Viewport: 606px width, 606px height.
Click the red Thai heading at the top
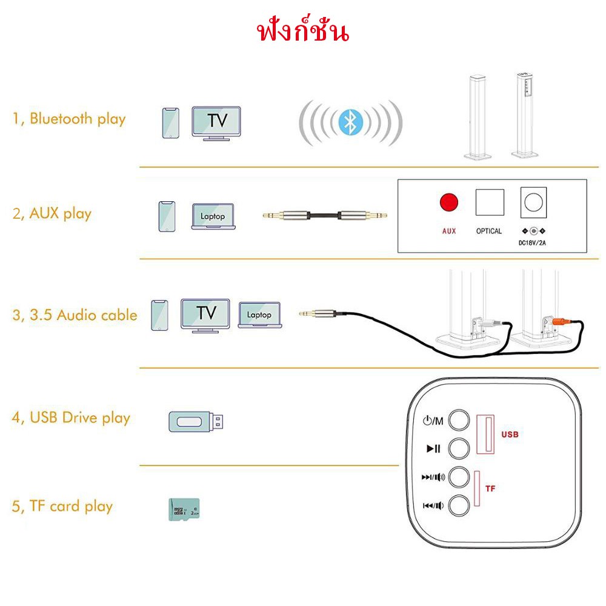(303, 32)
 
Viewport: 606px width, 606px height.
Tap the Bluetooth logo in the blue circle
(350, 122)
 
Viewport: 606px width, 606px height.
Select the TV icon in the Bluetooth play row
(216, 123)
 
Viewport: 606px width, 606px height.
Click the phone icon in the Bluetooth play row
(171, 123)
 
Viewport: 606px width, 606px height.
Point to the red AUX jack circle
(448, 202)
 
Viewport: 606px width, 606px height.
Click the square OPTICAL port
(490, 202)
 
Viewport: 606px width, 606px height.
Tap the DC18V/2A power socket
(533, 202)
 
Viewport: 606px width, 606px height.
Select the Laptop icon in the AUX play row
(212, 216)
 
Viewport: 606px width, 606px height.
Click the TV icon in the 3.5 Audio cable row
(206, 315)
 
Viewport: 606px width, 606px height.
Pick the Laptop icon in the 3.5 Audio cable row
(259, 315)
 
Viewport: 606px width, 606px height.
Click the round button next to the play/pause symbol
(459, 448)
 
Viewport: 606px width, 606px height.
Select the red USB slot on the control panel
(484, 435)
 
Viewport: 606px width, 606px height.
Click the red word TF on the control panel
(491, 487)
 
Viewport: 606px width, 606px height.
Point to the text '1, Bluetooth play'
(69, 118)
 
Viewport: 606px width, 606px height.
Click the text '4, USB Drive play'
(71, 418)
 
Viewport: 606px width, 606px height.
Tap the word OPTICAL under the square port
(489, 231)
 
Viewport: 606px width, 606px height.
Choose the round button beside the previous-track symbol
(459, 505)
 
